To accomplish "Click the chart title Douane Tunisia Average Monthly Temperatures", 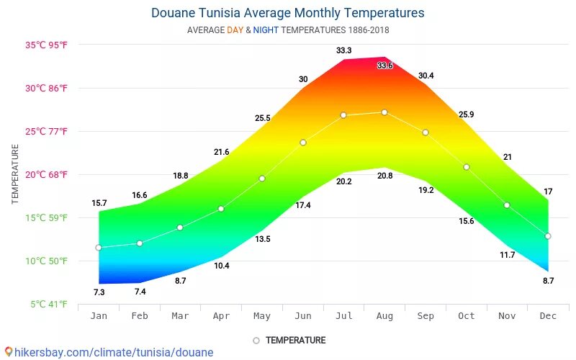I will coord(288,13).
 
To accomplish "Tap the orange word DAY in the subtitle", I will coord(235,30).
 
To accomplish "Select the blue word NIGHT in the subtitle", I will coord(266,30).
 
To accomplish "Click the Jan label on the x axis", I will coord(99,316).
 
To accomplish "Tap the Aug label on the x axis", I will coord(384,316).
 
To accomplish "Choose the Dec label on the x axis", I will coord(548,316).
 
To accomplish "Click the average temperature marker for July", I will coord(343,115).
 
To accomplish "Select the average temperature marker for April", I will coord(221,209).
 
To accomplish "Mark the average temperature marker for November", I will coord(507,205).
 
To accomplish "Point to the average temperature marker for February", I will coord(140,243).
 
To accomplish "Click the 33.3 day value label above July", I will coord(343,50).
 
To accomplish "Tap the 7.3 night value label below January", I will coord(99,292).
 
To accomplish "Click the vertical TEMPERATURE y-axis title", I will coord(15,174).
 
